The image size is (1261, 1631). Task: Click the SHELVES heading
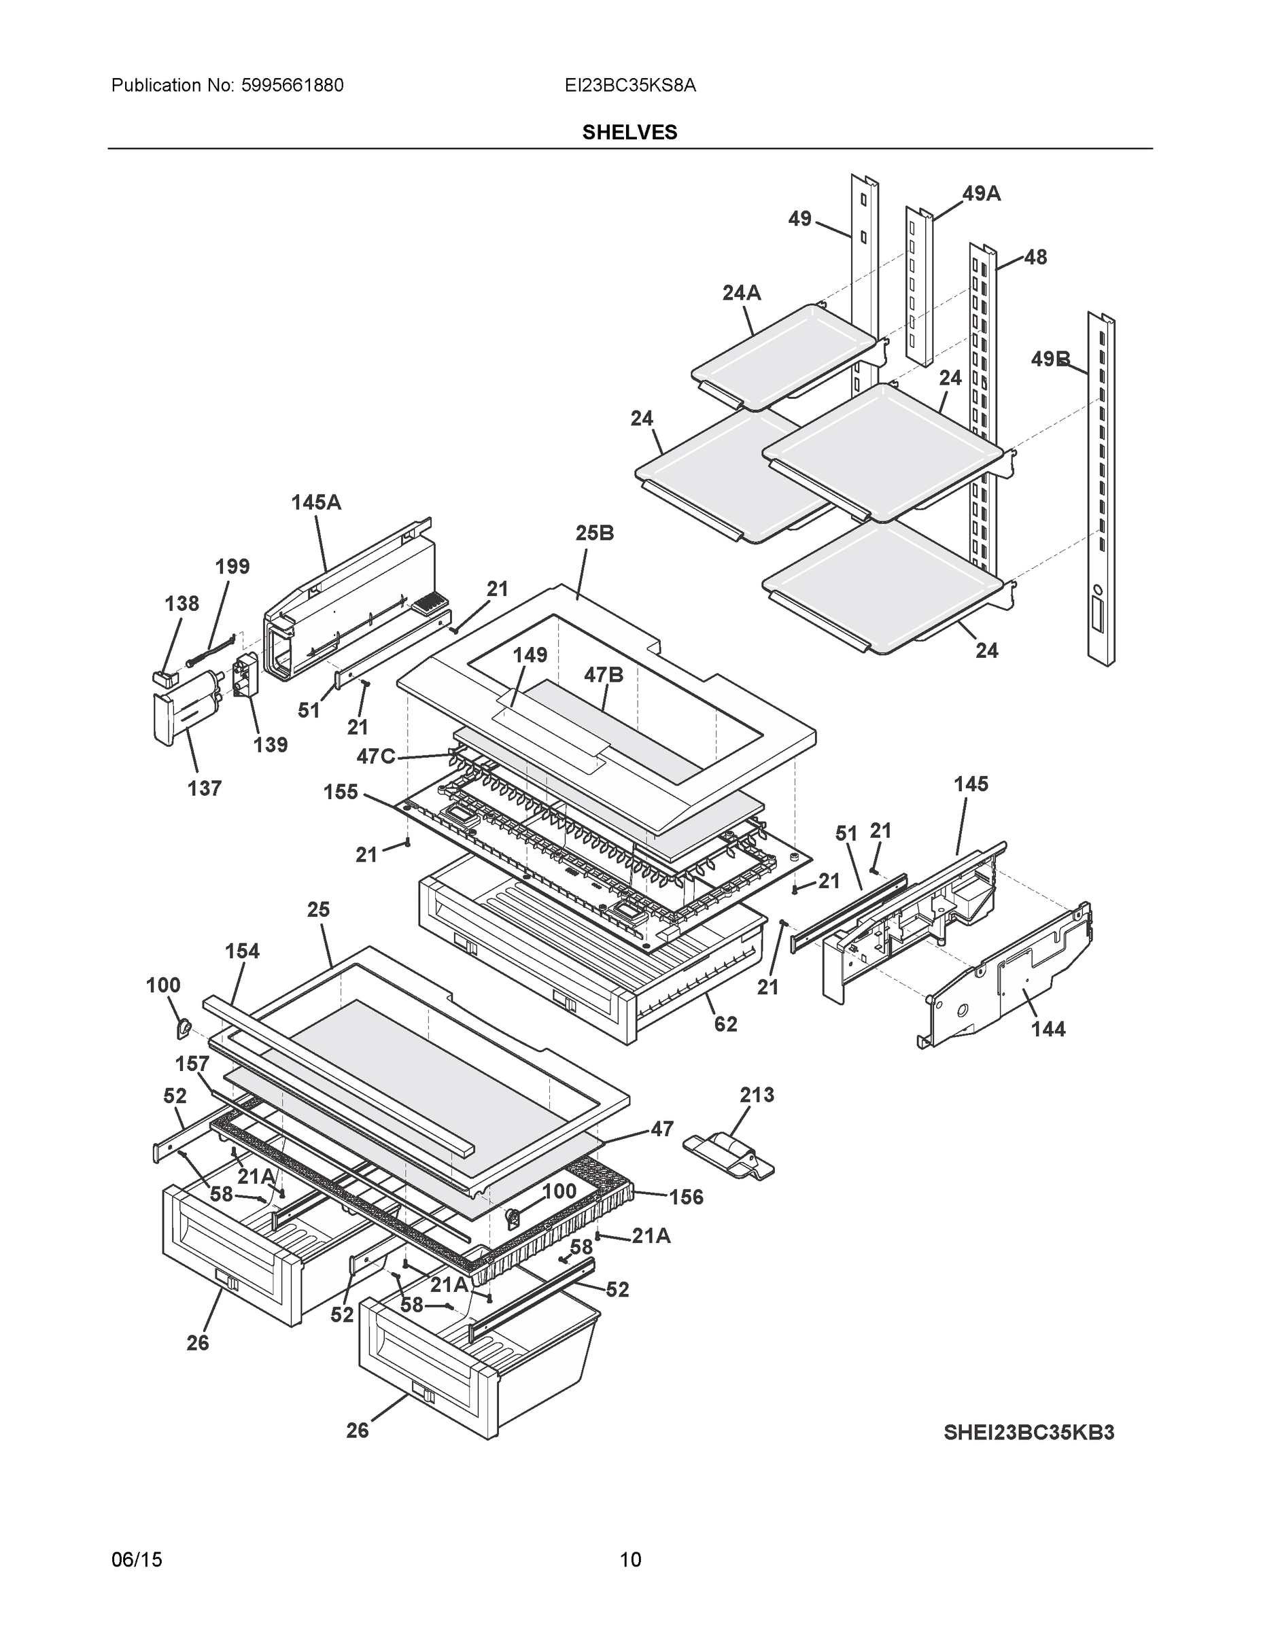[x=629, y=133]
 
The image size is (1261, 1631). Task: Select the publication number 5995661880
[x=292, y=85]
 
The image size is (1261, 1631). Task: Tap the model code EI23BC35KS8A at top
[x=629, y=85]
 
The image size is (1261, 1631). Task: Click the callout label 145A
[x=316, y=503]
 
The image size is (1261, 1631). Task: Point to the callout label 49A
[x=981, y=194]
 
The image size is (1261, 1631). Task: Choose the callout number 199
[x=232, y=566]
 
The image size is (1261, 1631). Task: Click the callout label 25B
[x=595, y=533]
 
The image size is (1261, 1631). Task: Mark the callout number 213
[x=757, y=1095]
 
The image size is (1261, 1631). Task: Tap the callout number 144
[x=1048, y=1029]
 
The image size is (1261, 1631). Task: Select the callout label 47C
[x=376, y=756]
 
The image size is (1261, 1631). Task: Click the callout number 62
[x=725, y=1024]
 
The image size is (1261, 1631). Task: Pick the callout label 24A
[x=741, y=294]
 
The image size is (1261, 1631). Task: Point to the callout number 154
[x=242, y=951]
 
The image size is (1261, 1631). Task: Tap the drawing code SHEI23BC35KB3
[x=1029, y=1433]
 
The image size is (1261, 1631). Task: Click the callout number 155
[x=341, y=792]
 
